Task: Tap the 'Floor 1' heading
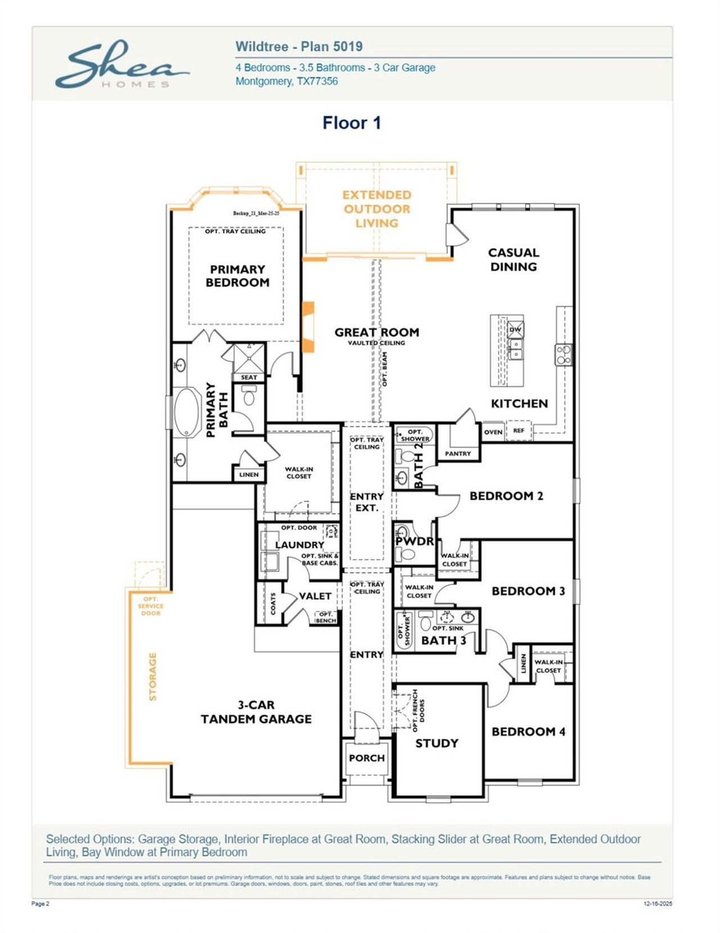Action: point(352,123)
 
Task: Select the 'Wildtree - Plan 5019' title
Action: point(299,47)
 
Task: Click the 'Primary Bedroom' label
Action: point(237,276)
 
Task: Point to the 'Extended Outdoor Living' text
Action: point(376,209)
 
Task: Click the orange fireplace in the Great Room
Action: point(308,328)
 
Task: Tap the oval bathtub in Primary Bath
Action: point(187,412)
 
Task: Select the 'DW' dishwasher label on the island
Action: point(515,330)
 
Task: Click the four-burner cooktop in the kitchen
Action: point(564,355)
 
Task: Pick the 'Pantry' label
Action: point(457,454)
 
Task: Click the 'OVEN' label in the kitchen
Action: point(493,432)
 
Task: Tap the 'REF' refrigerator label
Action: point(518,430)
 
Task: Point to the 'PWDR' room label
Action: point(415,541)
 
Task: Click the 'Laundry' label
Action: point(299,545)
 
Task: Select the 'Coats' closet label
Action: point(273,603)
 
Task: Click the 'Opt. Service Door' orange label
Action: point(150,606)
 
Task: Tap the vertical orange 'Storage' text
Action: point(152,676)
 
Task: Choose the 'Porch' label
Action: point(366,758)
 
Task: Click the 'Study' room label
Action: point(436,743)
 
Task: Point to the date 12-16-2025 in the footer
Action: point(658,904)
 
